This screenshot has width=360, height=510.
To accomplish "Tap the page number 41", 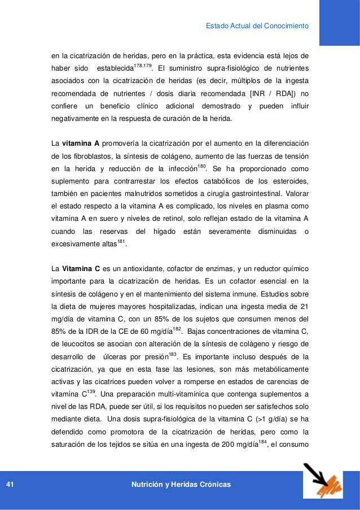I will pos(10,485).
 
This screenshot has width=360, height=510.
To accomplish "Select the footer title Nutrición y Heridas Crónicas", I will pos(180,485).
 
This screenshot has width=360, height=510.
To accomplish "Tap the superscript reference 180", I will pos(202,167).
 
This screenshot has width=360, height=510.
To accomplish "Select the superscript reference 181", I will pos(121,242).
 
